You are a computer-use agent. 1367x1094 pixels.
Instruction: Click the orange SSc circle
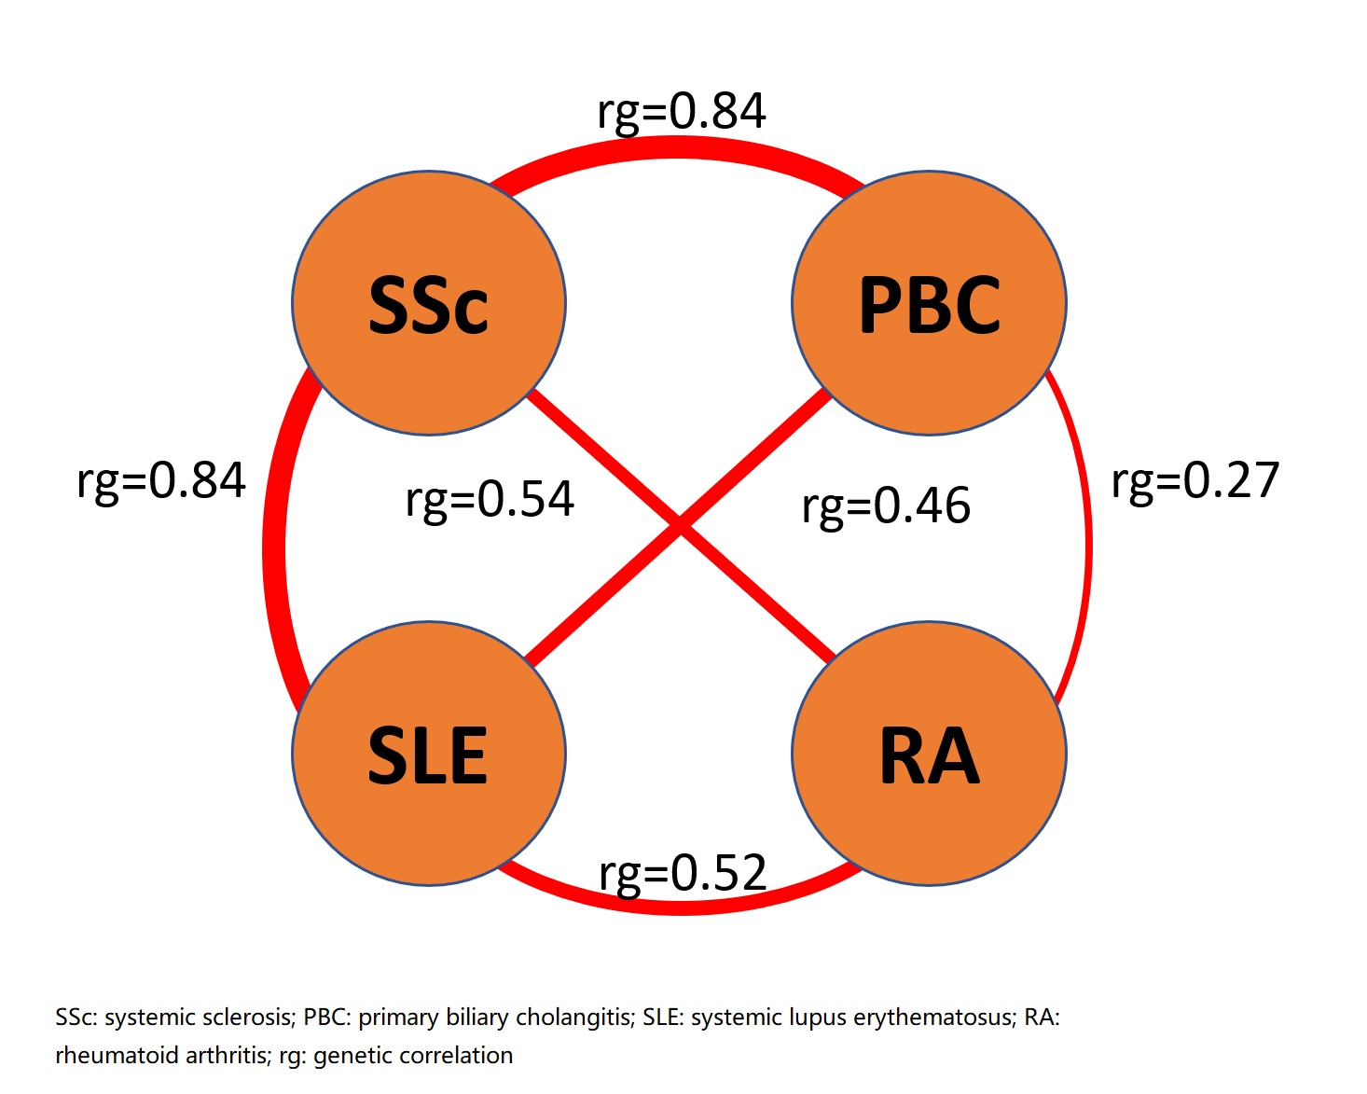pyautogui.click(x=429, y=303)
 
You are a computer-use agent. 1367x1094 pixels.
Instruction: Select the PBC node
pyautogui.click(x=929, y=303)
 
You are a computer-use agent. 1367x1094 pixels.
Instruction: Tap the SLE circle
pyautogui.click(x=429, y=754)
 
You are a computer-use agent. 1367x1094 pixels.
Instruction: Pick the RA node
pyautogui.click(x=929, y=754)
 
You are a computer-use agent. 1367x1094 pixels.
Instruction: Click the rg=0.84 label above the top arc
pyautogui.click(x=682, y=111)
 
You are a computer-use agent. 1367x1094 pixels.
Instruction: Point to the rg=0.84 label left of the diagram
pyautogui.click(x=161, y=481)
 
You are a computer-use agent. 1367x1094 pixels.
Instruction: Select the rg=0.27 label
pyautogui.click(x=1195, y=481)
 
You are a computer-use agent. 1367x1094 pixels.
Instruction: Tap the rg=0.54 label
pyautogui.click(x=490, y=499)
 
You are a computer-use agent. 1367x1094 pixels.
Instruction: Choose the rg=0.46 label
pyautogui.click(x=886, y=505)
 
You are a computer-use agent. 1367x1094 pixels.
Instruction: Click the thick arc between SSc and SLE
pyautogui.click(x=274, y=550)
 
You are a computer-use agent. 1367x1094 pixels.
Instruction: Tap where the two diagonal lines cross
pyautogui.click(x=680, y=527)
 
